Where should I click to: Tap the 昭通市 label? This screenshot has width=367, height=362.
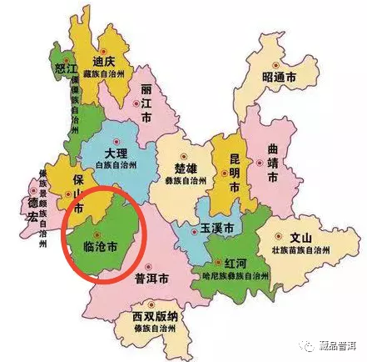click(280, 76)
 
